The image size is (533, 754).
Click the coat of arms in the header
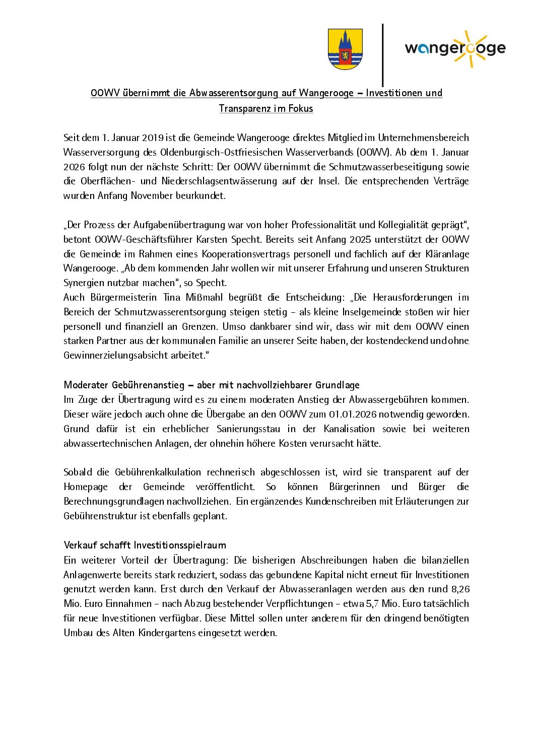345,49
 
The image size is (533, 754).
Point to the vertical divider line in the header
383,55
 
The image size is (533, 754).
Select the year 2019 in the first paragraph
153,138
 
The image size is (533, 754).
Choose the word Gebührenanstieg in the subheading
148,385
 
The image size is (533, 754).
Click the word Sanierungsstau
248,429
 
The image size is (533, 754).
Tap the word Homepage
86,487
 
